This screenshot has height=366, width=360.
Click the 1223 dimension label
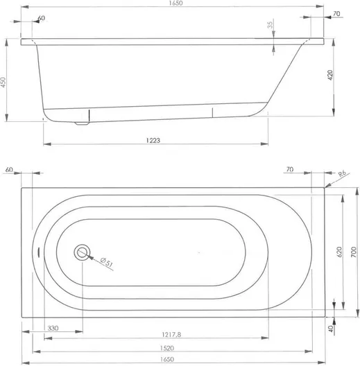(153, 140)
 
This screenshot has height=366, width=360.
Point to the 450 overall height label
(3, 82)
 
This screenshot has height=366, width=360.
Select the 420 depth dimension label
(330, 75)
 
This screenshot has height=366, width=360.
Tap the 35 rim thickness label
(270, 25)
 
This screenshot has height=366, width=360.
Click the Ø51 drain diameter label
(107, 262)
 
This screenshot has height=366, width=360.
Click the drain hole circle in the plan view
(82, 252)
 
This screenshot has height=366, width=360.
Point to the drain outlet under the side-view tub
(82, 123)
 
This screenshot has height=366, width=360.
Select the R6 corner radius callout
(342, 173)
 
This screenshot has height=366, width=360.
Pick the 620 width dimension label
(339, 252)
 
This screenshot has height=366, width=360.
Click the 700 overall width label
(354, 252)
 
